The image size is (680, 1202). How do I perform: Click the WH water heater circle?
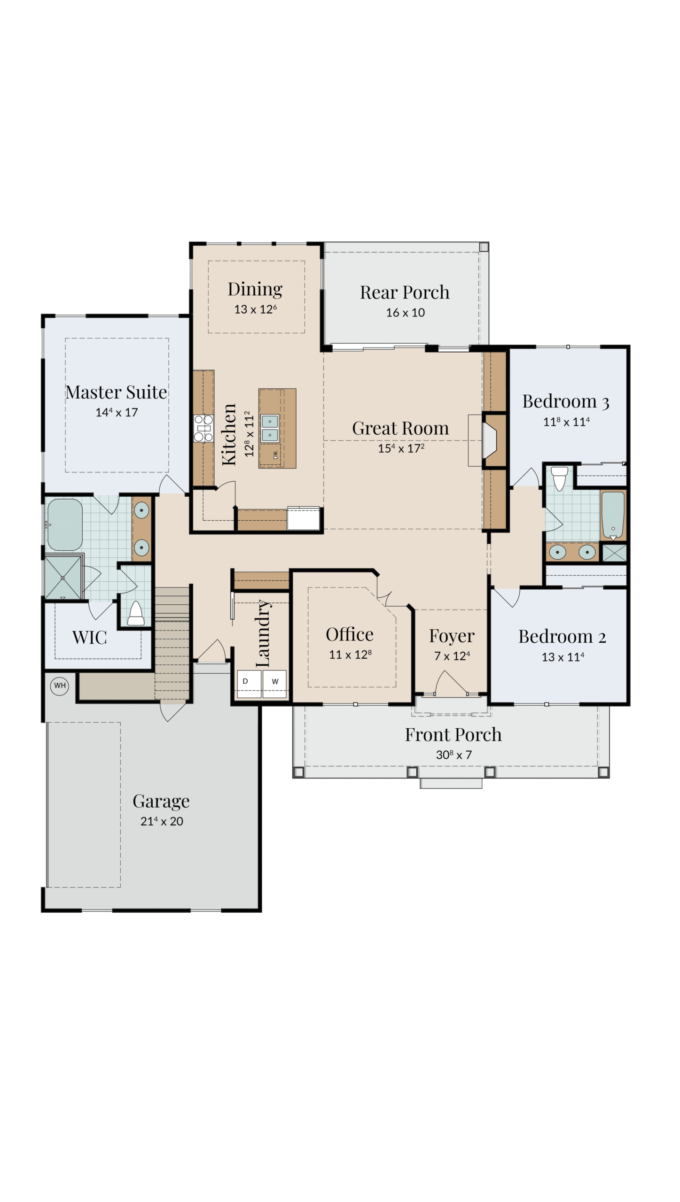click(x=60, y=686)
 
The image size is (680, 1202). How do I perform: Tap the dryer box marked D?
click(x=249, y=684)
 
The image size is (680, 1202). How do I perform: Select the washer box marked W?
click(x=274, y=684)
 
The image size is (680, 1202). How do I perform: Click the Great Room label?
click(x=400, y=428)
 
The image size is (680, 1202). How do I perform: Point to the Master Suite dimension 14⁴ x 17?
click(x=117, y=412)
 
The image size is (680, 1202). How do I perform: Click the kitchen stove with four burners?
click(x=203, y=428)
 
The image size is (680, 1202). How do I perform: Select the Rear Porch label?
click(x=405, y=292)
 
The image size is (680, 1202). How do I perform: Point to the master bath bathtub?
click(x=65, y=524)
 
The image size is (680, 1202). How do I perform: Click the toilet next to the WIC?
click(x=136, y=613)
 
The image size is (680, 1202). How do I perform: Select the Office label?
click(x=350, y=634)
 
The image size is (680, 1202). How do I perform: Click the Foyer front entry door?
click(x=451, y=684)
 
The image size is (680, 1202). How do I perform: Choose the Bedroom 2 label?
click(x=562, y=637)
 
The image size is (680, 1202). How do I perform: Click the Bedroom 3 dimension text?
click(x=566, y=422)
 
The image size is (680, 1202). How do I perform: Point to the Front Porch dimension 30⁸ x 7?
click(x=453, y=755)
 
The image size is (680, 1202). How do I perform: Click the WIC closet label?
click(x=89, y=638)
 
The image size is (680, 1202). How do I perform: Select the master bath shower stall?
click(x=63, y=578)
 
